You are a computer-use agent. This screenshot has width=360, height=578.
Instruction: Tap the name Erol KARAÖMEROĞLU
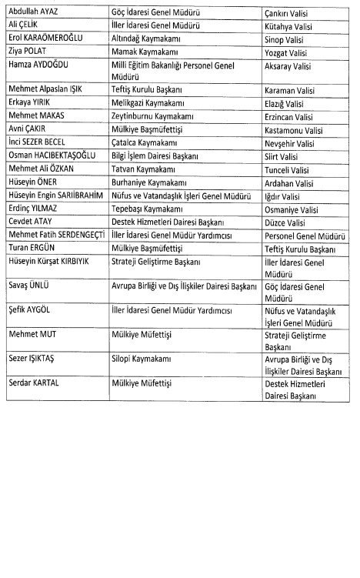click(45, 36)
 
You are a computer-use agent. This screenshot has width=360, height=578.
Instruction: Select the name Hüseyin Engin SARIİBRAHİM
click(54, 196)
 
